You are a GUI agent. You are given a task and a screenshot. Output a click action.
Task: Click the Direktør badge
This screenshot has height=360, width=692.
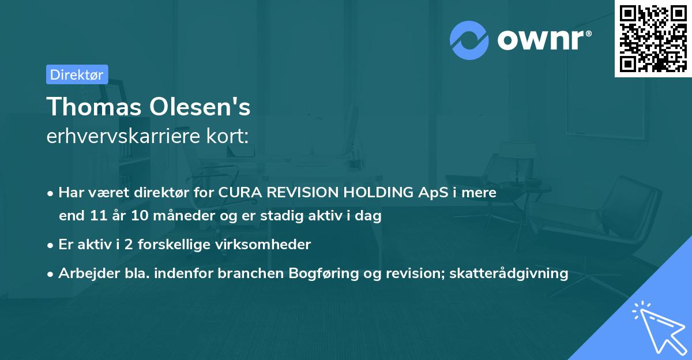[x=77, y=74]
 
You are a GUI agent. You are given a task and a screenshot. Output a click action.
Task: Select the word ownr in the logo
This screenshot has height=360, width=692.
[x=543, y=40]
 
